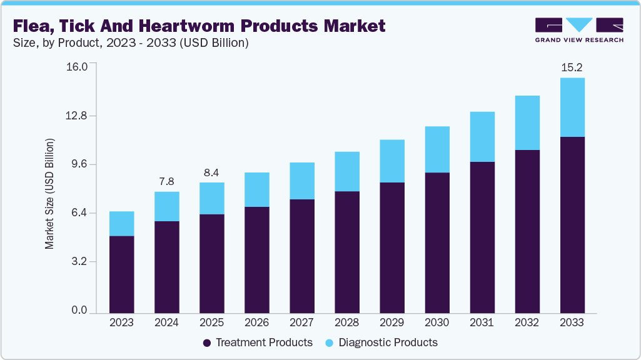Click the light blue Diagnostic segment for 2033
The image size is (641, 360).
click(572, 107)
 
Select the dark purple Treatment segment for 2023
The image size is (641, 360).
click(121, 274)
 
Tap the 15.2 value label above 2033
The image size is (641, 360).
click(572, 67)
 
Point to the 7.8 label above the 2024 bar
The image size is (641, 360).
click(166, 181)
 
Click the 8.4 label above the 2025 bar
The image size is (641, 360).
click(211, 172)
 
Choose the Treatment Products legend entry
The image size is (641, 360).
click(258, 342)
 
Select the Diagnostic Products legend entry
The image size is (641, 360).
click(381, 342)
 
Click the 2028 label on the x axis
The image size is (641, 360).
click(346, 322)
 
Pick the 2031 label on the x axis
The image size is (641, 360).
click(482, 322)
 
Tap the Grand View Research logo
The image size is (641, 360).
click(578, 29)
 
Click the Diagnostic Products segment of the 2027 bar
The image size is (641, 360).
click(301, 181)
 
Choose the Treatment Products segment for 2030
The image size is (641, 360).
click(437, 242)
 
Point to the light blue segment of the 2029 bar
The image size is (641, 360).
click(391, 161)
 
